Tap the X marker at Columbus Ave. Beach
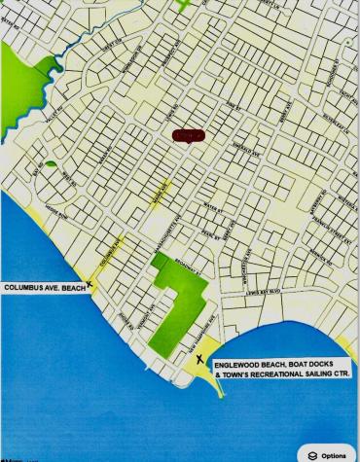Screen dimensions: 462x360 tap(90, 285)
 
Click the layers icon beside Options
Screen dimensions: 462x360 tap(312, 454)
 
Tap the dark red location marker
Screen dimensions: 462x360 tap(188, 136)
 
